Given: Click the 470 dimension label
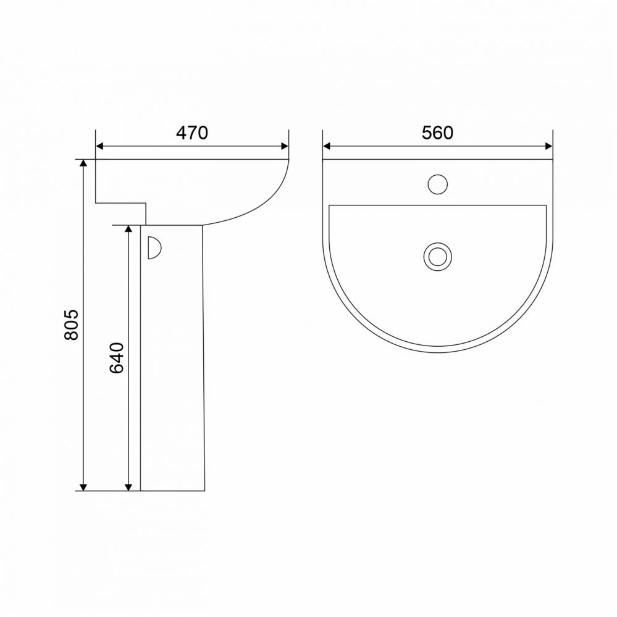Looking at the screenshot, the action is (x=192, y=133).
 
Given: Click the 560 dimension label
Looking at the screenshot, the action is (x=437, y=133).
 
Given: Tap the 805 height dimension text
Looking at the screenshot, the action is (x=72, y=325).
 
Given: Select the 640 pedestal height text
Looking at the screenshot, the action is (x=117, y=358).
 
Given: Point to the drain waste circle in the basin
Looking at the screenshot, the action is (x=437, y=257).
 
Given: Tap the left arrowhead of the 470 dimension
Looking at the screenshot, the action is (x=99, y=146).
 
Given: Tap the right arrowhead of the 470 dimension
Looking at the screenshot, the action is (x=285, y=146).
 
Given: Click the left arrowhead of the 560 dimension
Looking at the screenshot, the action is (x=327, y=146).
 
